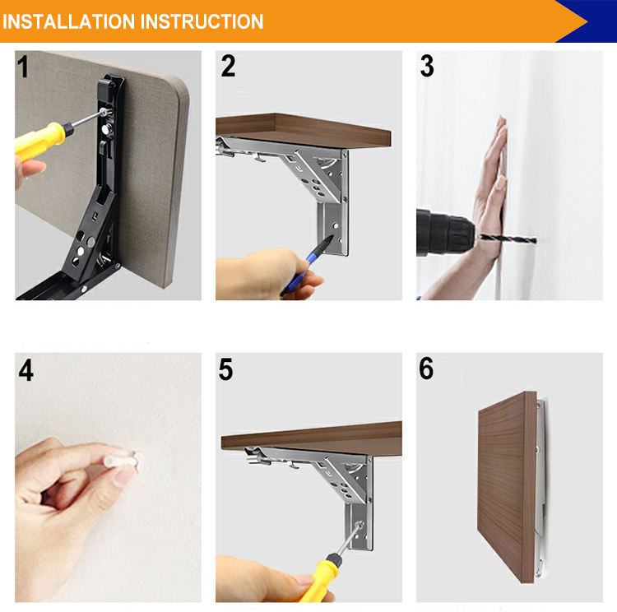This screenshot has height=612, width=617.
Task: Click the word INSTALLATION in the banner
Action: [69, 21]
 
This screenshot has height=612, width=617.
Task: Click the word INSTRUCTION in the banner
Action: [202, 21]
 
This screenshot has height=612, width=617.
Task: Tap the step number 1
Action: [23, 66]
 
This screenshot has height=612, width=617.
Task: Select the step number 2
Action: [228, 66]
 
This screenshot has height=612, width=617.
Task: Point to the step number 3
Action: [427, 66]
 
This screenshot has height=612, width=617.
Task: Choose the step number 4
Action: [26, 370]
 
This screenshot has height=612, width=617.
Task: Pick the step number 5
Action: [226, 369]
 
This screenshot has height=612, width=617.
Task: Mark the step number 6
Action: [426, 369]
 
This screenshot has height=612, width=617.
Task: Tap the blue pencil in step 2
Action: [307, 265]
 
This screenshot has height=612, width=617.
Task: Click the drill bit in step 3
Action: [507, 238]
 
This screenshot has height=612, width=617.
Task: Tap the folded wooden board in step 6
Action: [507, 486]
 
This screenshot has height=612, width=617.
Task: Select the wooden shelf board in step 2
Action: [303, 130]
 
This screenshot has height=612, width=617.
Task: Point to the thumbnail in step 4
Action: [125, 476]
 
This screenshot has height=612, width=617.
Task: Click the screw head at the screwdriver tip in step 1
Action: [104, 112]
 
